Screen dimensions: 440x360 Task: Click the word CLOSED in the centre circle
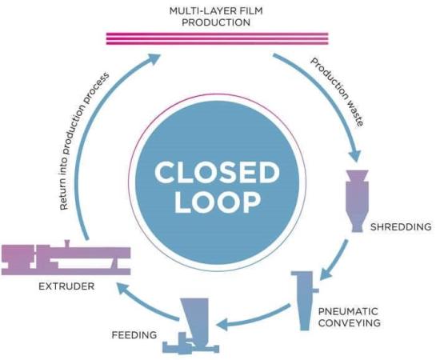coord(217,173)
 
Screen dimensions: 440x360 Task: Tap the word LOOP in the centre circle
coord(218,202)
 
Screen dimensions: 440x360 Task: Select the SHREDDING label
coord(401,226)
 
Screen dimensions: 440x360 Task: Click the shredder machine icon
coord(357,201)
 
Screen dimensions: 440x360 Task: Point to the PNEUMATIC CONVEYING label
coord(350,317)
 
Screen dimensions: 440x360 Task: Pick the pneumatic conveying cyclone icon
coord(305,301)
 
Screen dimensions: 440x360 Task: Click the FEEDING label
coord(134,334)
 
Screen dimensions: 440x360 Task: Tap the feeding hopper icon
coord(191,326)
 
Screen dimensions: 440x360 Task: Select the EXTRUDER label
coord(66,286)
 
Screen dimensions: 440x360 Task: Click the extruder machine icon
coord(66,258)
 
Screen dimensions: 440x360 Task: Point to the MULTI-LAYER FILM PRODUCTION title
coord(216,17)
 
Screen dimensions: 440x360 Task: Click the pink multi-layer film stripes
coord(217,38)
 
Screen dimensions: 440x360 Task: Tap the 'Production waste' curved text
coord(338,91)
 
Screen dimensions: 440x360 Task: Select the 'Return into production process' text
coord(84,141)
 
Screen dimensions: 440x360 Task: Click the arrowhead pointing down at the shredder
coord(354,156)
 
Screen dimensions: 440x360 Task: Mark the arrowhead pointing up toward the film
coord(154,58)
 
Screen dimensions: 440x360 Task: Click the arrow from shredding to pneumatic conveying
coord(334,260)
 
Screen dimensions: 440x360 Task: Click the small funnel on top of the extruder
coord(66,243)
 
